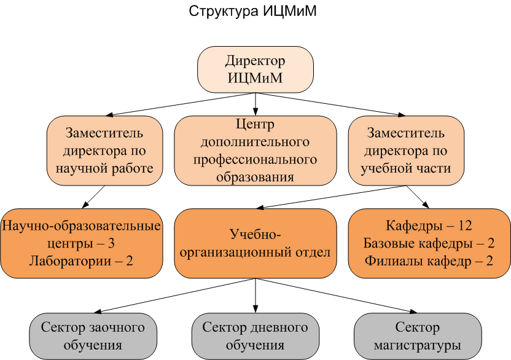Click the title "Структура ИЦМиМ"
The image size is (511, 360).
pos(252,12)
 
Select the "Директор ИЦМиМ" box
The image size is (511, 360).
pos(255,69)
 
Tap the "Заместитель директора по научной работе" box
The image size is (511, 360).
pos(104,151)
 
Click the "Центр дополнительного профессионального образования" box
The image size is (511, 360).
pos(255,151)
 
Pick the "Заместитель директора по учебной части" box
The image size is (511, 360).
pos(406,151)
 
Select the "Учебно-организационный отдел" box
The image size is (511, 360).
pos(255,243)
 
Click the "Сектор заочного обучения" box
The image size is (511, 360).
pos(93,336)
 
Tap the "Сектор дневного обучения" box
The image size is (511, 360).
pos(255,336)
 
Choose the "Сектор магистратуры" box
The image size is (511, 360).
pos(418,336)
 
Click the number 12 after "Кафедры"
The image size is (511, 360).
pos(465,225)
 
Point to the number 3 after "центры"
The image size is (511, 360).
pos(111,244)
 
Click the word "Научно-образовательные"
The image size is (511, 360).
pos(81,225)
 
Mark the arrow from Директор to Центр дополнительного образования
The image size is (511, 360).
pos(255,104)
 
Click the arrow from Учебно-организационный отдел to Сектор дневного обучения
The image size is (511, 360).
pos(255,295)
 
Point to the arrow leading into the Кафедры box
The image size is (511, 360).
pos(418,197)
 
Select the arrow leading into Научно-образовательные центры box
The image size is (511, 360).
pos(93,197)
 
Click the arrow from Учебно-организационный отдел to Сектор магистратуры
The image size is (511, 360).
pos(337,295)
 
